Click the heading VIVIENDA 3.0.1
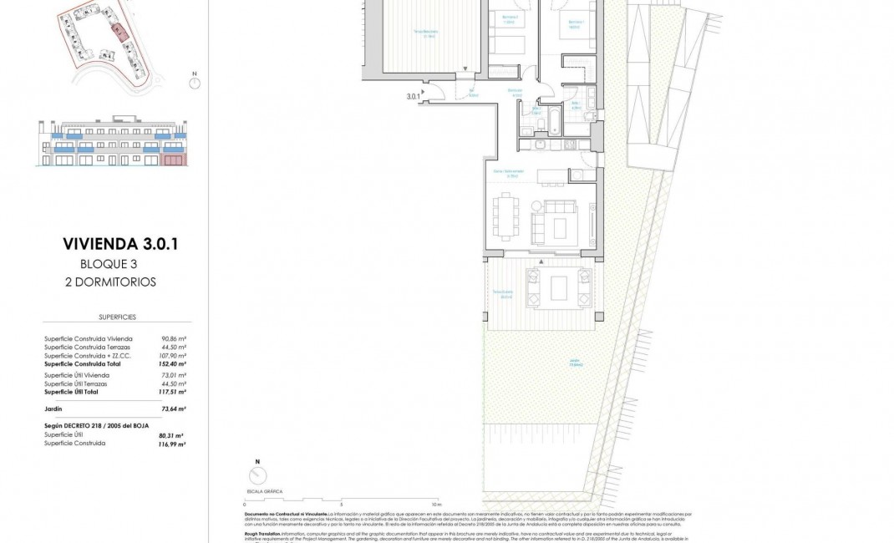point(121,244)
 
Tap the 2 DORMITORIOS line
point(110,282)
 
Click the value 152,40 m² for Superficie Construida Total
point(173,364)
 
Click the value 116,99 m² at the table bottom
point(173,444)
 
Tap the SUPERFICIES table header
point(117,317)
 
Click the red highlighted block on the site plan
point(119,32)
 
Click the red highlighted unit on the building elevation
point(173,159)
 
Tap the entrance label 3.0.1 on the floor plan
point(412,97)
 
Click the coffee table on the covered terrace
point(560,287)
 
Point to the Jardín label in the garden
point(575,362)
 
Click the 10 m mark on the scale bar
point(435,505)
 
